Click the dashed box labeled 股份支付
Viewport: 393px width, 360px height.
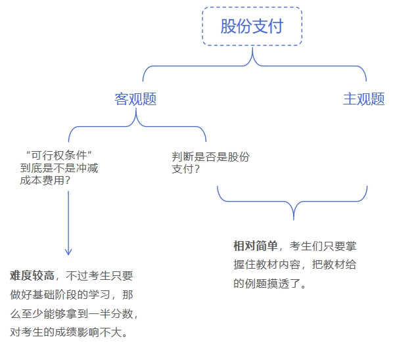(x=252, y=26)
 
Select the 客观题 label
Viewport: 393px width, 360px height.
(x=135, y=99)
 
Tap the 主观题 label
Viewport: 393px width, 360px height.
(x=363, y=99)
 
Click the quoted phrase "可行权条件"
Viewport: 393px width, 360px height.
(x=57, y=155)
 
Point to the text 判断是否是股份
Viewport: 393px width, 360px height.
(x=211, y=157)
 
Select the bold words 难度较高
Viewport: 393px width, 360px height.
(x=32, y=276)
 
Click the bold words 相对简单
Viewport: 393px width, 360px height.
(x=256, y=246)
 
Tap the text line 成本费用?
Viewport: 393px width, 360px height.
(x=45, y=180)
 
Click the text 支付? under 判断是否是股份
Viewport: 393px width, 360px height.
(x=186, y=169)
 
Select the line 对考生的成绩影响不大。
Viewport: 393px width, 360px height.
(x=69, y=332)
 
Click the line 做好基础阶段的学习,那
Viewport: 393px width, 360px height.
(x=71, y=294)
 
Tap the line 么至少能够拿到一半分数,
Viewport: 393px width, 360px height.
(x=74, y=313)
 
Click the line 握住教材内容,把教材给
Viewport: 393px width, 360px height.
(x=294, y=265)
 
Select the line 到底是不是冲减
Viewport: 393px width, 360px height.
(x=59, y=168)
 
